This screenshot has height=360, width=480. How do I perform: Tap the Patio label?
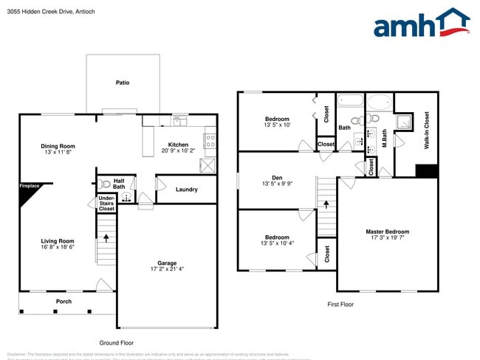point(123,83)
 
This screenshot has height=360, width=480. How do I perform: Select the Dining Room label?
point(58,146)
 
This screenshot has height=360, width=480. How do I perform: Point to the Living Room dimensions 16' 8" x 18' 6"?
point(57,248)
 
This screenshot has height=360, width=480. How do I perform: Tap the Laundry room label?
point(186,190)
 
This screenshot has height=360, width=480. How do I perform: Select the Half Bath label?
point(118,184)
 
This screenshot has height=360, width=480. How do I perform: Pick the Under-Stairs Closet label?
point(106,204)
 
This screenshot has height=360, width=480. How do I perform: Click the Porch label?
point(64,301)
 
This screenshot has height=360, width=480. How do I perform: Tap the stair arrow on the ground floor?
point(106,238)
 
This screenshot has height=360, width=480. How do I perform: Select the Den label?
point(277,177)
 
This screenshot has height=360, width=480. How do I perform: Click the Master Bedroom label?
point(387,232)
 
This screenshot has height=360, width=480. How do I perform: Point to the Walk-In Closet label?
point(426,131)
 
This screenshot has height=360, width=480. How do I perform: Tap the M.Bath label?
point(385,138)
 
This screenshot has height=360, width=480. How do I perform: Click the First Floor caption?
point(340,304)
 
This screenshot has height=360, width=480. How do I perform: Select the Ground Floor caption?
point(116,342)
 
